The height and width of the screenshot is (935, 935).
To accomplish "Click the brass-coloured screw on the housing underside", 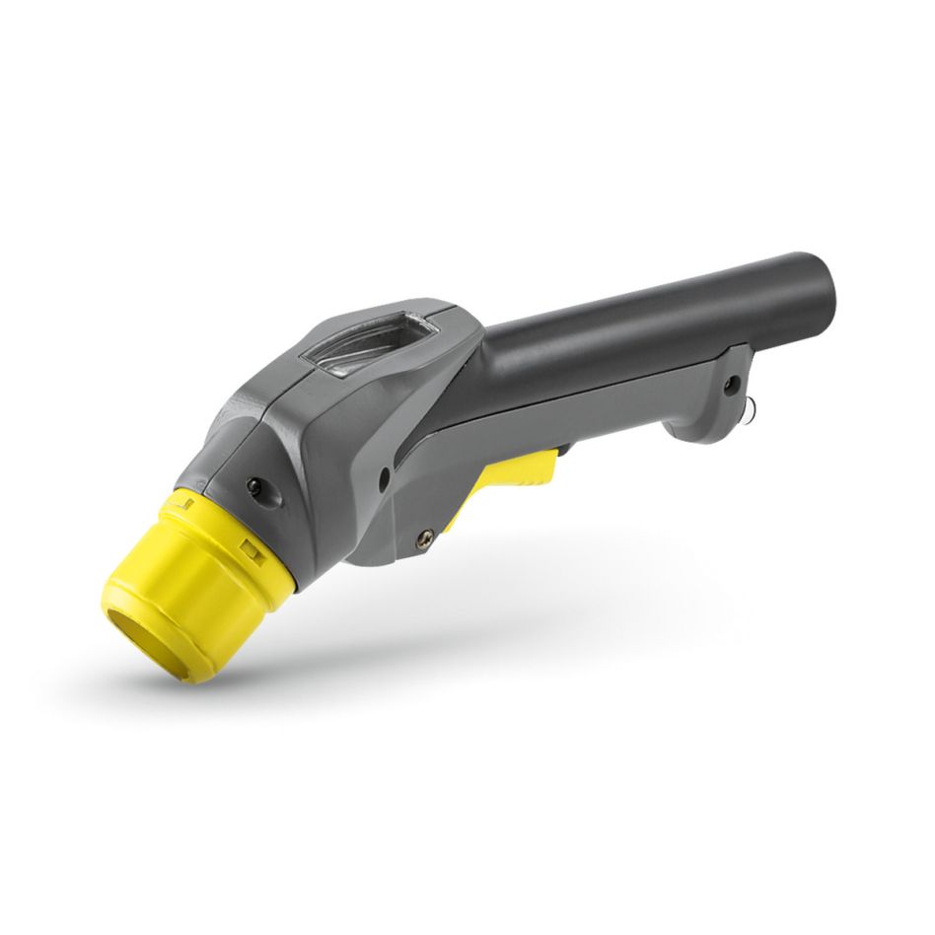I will click(x=426, y=537).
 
